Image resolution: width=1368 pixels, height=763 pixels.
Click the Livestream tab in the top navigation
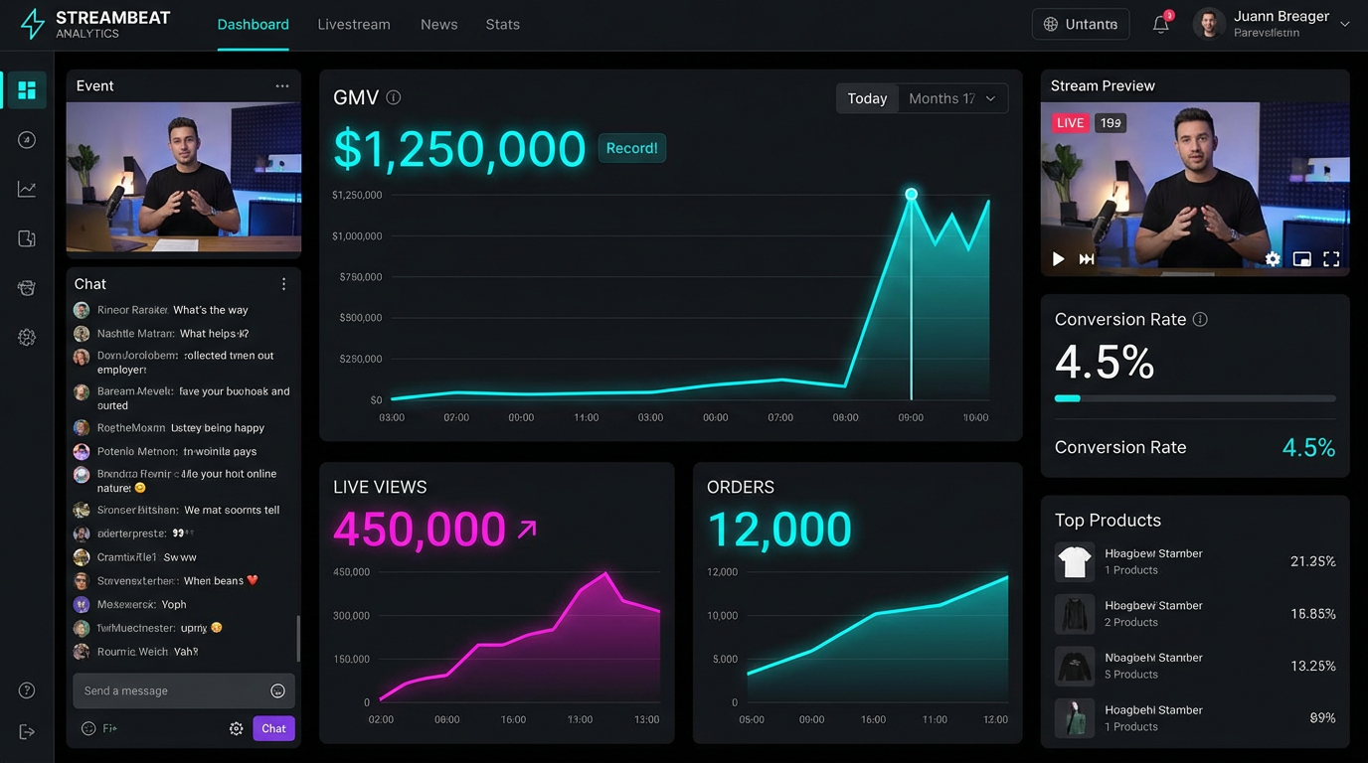pyautogui.click(x=354, y=24)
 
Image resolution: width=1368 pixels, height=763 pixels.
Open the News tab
pyautogui.click(x=439, y=24)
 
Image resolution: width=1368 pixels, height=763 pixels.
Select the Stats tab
pyautogui.click(x=503, y=24)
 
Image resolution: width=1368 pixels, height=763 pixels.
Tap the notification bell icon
pyautogui.click(x=1160, y=25)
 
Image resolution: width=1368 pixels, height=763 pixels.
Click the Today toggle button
pyautogui.click(x=867, y=98)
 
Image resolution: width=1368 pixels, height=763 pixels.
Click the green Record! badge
pyautogui.click(x=631, y=148)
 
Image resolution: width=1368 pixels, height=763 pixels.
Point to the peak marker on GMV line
pyautogui.click(x=911, y=194)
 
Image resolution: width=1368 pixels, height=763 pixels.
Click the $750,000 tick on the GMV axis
pyautogui.click(x=361, y=277)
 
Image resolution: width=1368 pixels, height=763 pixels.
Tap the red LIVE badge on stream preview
pyautogui.click(x=1071, y=123)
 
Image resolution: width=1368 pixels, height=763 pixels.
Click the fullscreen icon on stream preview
pyautogui.click(x=1331, y=259)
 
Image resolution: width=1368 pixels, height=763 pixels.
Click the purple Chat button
pyautogui.click(x=273, y=728)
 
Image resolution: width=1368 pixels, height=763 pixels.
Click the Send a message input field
pyautogui.click(x=169, y=690)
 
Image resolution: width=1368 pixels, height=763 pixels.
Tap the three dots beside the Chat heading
pyautogui.click(x=283, y=284)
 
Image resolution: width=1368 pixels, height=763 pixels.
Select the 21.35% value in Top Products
pyautogui.click(x=1312, y=561)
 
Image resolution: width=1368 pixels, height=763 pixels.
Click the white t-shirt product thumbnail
pyautogui.click(x=1075, y=562)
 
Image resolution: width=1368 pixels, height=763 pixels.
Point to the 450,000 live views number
pyautogui.click(x=420, y=530)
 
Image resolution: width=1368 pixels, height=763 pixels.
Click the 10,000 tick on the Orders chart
pyautogui.click(x=723, y=616)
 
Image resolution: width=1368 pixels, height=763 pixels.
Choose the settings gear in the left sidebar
pyautogui.click(x=27, y=338)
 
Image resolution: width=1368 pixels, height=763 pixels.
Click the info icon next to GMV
pyautogui.click(x=394, y=97)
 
